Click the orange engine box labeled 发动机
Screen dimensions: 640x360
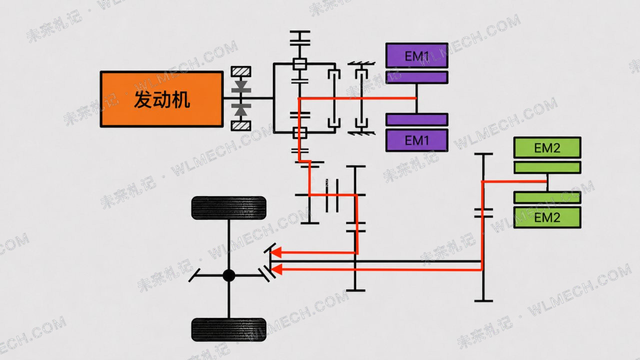pyautogui.click(x=161, y=99)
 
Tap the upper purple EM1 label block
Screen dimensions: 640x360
pyautogui.click(x=417, y=55)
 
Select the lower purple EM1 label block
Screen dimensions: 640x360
pyautogui.click(x=417, y=140)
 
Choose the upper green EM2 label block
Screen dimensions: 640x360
pyautogui.click(x=547, y=147)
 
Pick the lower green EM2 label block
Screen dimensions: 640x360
pyautogui.click(x=547, y=217)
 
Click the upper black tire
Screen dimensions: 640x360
pyautogui.click(x=228, y=207)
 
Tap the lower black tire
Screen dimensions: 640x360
pyautogui.click(x=228, y=329)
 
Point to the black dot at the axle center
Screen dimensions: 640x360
pyautogui.click(x=229, y=275)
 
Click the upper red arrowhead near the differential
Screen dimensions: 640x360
pyautogui.click(x=276, y=252)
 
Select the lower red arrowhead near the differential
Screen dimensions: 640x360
pyautogui.click(x=276, y=269)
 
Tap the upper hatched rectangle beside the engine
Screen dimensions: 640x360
pyautogui.click(x=241, y=71)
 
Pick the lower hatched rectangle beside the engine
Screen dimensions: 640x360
pyautogui.click(x=241, y=125)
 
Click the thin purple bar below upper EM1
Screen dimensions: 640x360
pyautogui.click(x=417, y=77)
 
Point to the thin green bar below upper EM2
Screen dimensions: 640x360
pyautogui.click(x=547, y=167)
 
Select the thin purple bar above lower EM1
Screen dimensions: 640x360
pyautogui.click(x=417, y=119)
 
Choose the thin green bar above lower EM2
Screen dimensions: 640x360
pyautogui.click(x=547, y=197)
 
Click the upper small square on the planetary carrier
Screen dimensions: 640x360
pyautogui.click(x=299, y=64)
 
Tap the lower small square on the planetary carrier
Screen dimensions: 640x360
pyautogui.click(x=299, y=133)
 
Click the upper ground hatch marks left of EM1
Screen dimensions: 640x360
pyautogui.click(x=361, y=63)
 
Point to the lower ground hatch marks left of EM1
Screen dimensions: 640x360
pyautogui.click(x=361, y=133)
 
